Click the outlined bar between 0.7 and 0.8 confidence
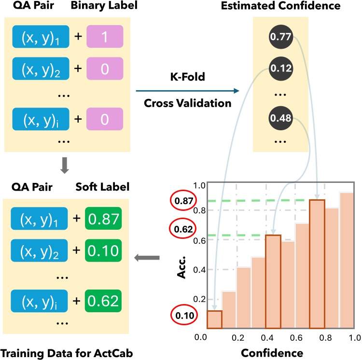[317, 263]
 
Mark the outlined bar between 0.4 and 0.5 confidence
[273, 281]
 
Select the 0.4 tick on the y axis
[199, 270]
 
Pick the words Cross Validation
[184, 103]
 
